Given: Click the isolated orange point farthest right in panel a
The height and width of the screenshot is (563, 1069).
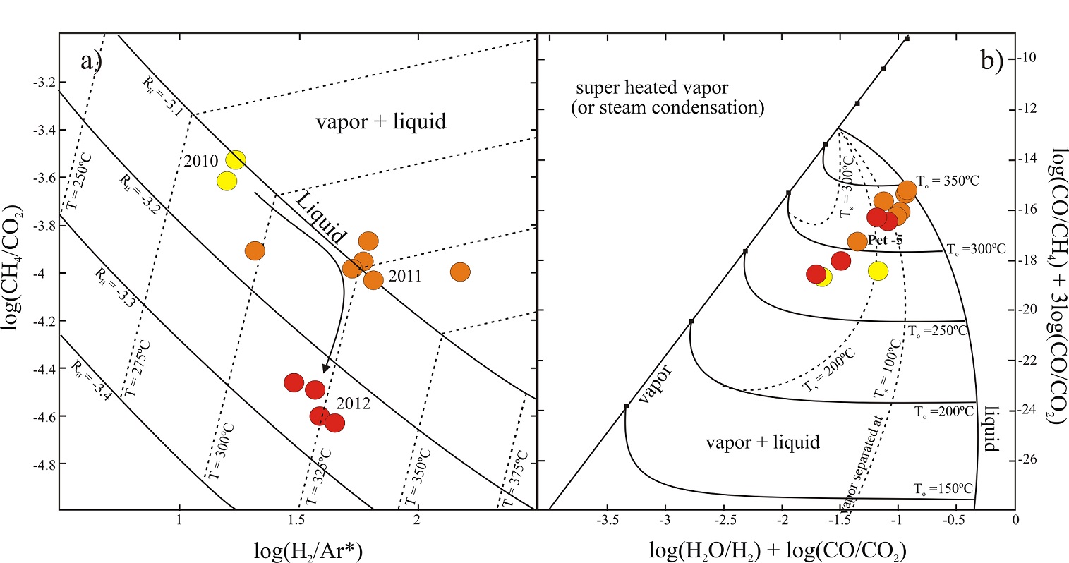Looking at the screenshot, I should [460, 272].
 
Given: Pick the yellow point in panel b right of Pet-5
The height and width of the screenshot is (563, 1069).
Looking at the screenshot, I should [878, 270].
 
